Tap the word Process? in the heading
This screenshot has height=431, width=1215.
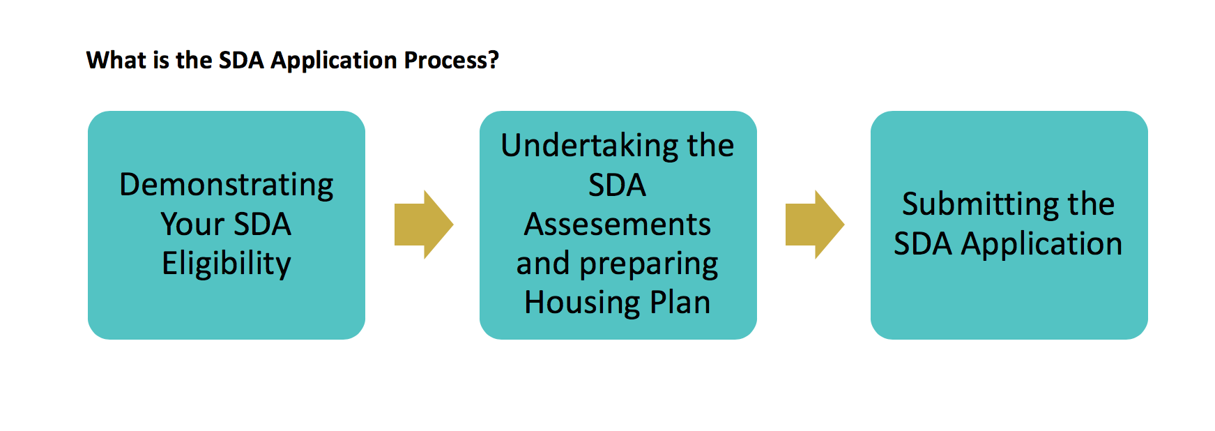[x=452, y=60]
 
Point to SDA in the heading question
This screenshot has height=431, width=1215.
[x=241, y=60]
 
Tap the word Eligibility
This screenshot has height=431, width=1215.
[x=227, y=264]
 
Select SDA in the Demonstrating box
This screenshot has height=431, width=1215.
[x=262, y=225]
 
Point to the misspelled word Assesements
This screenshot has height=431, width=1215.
[x=618, y=225]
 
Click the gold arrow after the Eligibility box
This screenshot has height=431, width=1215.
[x=424, y=225]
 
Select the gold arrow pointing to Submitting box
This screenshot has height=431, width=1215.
[x=815, y=225]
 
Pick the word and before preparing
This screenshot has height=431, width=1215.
[x=543, y=264]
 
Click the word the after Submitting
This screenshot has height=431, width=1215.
[x=1091, y=204]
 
